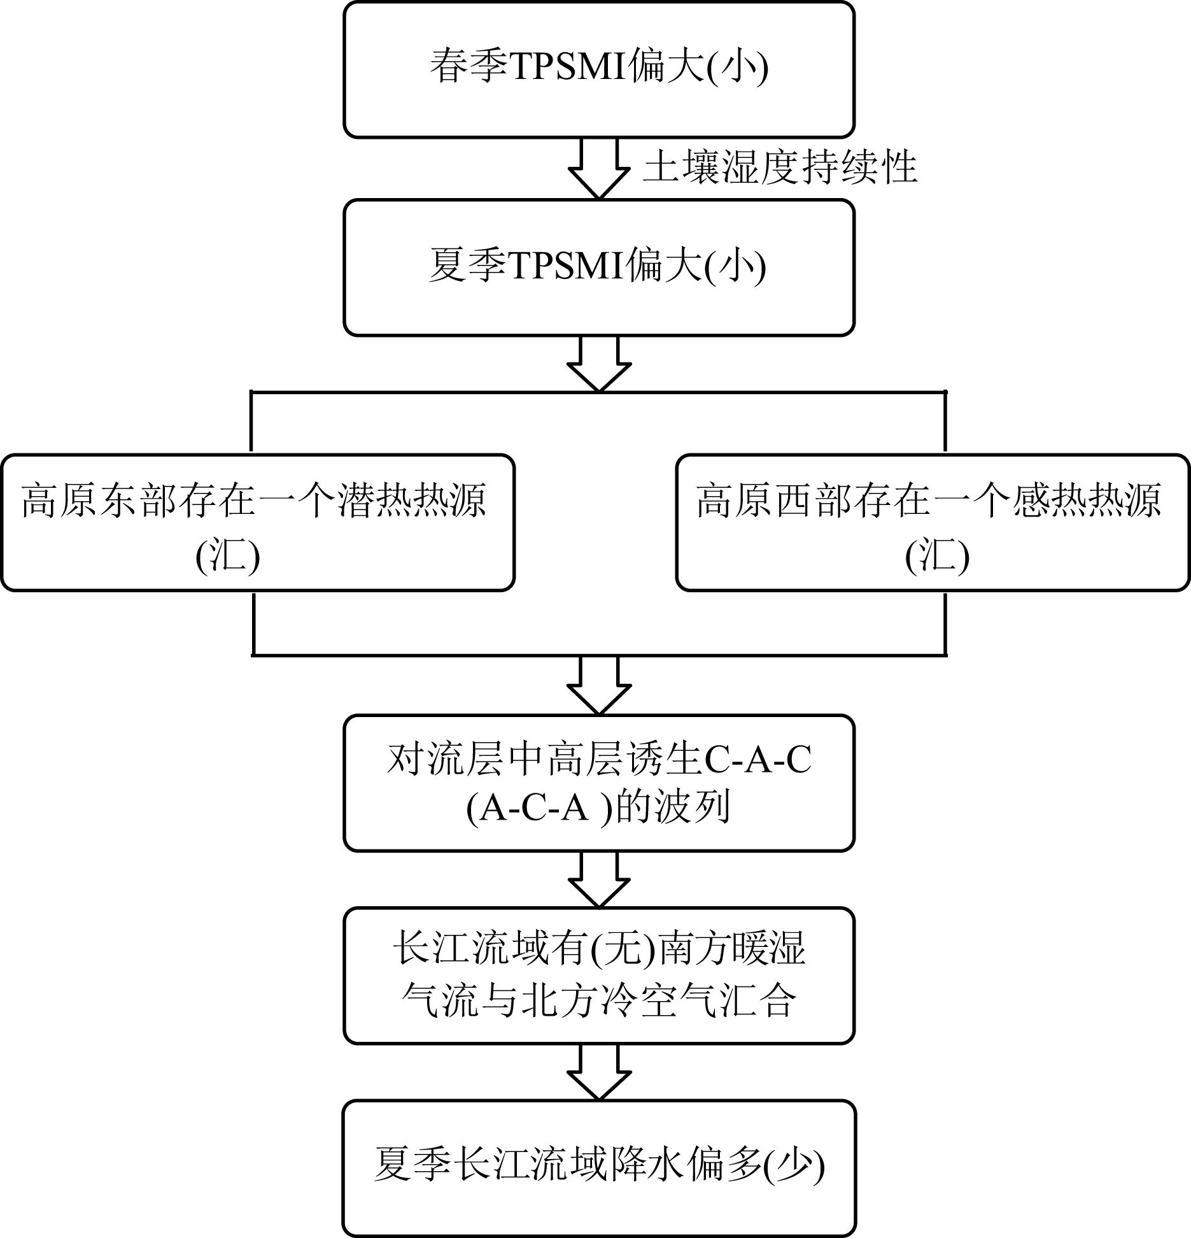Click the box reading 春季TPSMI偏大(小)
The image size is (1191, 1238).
(598, 69)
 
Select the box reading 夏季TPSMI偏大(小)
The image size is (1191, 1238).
(598, 267)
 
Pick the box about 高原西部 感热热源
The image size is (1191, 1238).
(933, 522)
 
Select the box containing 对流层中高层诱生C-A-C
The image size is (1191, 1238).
(598, 783)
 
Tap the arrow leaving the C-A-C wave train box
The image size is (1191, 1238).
(598, 879)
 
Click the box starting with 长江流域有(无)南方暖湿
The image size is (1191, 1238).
(598, 975)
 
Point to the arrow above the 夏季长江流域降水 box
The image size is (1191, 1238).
(598, 1072)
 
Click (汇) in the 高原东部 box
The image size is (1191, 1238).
(228, 558)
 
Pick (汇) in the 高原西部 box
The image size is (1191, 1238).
(937, 558)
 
